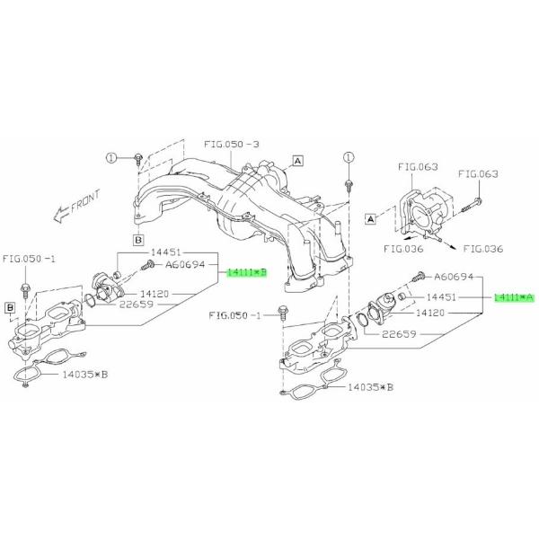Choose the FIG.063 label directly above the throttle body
tap(417, 166)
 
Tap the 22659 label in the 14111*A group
tap(400, 334)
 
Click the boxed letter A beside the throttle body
tap(370, 217)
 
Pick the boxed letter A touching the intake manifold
tap(297, 160)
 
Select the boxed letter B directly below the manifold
tap(139, 240)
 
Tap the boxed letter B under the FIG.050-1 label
tap(11, 308)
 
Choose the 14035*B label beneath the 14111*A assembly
tap(370, 388)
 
